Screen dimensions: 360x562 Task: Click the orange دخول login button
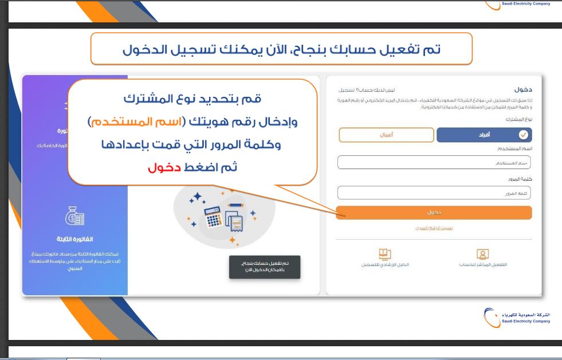[x=434, y=213]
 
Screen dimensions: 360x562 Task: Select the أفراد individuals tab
[x=484, y=135]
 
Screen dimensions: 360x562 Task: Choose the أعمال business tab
[x=386, y=135]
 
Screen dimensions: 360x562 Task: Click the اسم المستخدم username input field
[x=434, y=163]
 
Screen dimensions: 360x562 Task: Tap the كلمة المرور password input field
[x=434, y=193]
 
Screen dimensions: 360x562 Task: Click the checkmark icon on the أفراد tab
[x=523, y=135]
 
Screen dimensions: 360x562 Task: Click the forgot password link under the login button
[x=434, y=228]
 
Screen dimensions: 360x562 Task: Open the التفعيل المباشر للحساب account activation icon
[x=483, y=253]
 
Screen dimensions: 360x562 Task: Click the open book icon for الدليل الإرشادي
[x=384, y=253]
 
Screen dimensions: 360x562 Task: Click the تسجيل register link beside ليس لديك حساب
[x=346, y=91]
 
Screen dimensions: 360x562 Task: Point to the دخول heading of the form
[x=523, y=89]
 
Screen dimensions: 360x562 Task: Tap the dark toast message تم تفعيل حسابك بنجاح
[x=265, y=267]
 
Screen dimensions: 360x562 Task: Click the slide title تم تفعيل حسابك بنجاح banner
[x=281, y=49]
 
